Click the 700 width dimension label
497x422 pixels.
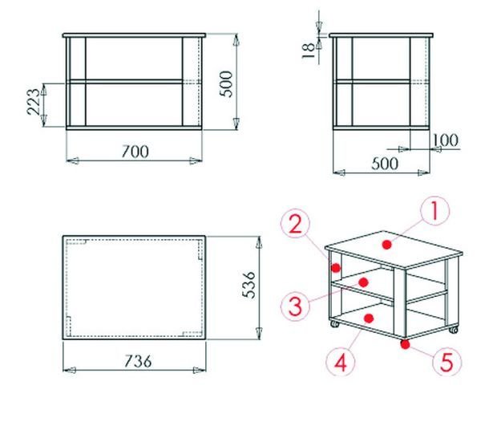click(135, 152)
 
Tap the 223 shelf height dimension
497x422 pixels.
click(34, 102)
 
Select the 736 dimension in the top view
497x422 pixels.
click(138, 361)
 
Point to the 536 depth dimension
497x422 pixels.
click(248, 285)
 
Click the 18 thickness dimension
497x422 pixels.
click(309, 51)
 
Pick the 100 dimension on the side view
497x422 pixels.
click(446, 140)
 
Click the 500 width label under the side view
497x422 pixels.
click(385, 164)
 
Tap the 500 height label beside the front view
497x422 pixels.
click(226, 83)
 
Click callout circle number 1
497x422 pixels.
click(434, 211)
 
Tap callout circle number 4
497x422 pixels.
click(341, 362)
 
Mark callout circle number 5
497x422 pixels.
click(447, 361)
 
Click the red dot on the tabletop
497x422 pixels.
click(386, 245)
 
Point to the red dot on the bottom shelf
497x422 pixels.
click(369, 319)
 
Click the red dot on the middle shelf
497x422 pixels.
click(364, 282)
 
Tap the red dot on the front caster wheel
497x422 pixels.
click(405, 344)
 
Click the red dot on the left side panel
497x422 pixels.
click(336, 268)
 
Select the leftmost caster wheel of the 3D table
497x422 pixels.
click(335, 324)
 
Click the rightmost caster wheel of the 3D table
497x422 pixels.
click(454, 330)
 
